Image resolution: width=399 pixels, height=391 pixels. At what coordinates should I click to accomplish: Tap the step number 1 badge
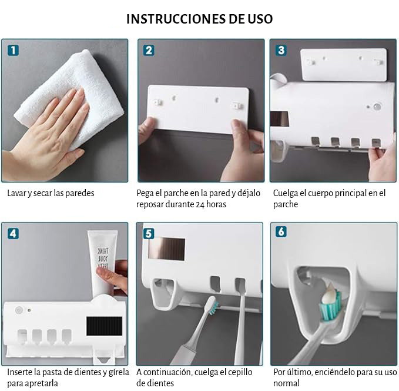14,50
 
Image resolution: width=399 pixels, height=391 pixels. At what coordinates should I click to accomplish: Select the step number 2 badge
149,50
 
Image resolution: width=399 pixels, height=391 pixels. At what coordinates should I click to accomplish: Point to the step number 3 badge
281,50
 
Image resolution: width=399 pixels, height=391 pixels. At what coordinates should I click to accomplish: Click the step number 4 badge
14,234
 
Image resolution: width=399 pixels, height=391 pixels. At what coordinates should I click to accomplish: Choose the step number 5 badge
149,234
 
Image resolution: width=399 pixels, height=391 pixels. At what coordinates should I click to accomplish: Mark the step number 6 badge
281,231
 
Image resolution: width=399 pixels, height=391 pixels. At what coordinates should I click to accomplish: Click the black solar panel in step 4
104,326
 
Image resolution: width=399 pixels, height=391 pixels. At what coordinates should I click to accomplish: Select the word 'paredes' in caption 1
80,193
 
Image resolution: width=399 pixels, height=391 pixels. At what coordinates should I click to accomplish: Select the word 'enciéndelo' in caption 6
336,372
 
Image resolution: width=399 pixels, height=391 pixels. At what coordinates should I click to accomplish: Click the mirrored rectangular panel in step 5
167,249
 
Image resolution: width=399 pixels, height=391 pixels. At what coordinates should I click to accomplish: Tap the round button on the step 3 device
377,107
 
